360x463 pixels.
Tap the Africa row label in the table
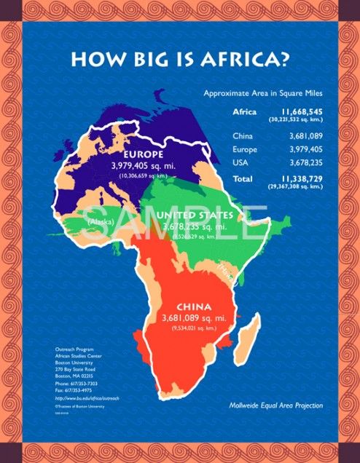[245, 112]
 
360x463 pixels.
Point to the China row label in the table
[243, 136]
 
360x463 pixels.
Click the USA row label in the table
[241, 162]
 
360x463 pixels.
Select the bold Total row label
[243, 178]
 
